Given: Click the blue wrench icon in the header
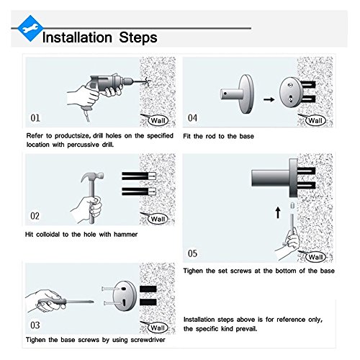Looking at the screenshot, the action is coord(30,29).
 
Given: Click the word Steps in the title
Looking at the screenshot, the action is coord(138,37).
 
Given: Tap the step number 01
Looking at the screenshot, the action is coord(35,118).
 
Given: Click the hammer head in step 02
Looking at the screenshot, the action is coord(92,178).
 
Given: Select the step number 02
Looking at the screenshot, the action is coord(35,216).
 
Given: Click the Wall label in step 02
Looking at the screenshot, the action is coord(158,219).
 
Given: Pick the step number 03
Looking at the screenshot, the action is coord(35,325).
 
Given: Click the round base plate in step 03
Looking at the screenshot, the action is coord(125,296).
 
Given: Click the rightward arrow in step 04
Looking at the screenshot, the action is coord(269,99).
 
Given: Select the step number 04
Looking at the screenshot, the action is coord(192,118).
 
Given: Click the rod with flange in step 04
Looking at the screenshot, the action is coord(237,94).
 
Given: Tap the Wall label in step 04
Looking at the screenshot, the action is coord(315,120).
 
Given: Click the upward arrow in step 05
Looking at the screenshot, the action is coord(278,212).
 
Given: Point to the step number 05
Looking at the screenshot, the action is coord(192,253).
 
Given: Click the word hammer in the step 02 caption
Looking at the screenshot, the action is coord(125,234).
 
